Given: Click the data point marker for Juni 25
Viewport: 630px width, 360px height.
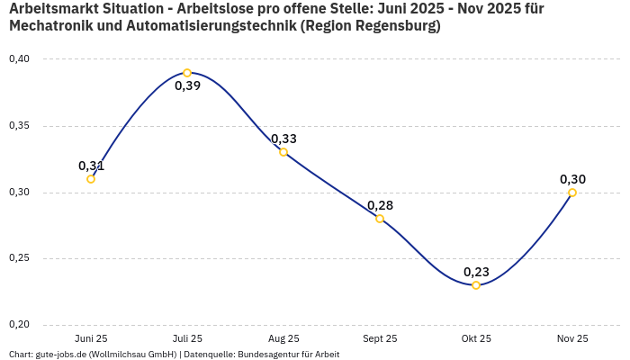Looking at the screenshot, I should (x=91, y=179).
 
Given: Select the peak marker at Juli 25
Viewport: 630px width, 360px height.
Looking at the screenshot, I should (x=187, y=73).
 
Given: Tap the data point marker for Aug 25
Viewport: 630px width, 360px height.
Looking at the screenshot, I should (x=283, y=152).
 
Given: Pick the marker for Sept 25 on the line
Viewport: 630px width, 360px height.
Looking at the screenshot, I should (x=380, y=219).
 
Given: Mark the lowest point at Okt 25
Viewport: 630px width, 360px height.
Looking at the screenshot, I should (x=476, y=285).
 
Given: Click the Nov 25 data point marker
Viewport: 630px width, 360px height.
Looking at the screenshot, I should (x=572, y=193).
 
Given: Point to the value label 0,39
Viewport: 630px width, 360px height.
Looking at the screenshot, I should (x=187, y=86).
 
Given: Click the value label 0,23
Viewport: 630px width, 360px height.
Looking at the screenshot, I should (x=476, y=272).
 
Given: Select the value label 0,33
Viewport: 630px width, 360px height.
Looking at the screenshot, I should (x=283, y=139).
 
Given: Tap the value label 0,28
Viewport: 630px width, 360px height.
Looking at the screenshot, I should (x=380, y=205).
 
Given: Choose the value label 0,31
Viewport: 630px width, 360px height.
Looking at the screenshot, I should (x=91, y=166).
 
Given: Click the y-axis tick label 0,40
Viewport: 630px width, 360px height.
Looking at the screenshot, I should (x=19, y=59).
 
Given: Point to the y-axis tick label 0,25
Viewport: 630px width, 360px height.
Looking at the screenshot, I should (x=19, y=258).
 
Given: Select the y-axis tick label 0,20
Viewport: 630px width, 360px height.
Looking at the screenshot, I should (x=19, y=325).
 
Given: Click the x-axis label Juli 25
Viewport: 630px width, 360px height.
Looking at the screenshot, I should (x=187, y=339).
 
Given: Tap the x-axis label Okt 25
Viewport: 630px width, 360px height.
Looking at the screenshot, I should (x=476, y=339).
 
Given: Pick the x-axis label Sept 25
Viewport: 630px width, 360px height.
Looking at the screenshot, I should (x=380, y=339).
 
